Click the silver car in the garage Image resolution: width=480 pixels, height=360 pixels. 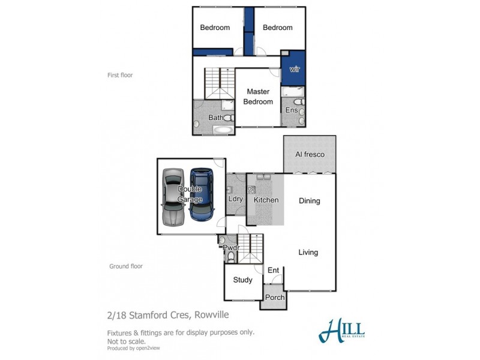point(173,196)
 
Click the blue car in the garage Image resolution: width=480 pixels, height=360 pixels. point(202,194)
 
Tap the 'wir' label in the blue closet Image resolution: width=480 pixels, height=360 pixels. point(294,69)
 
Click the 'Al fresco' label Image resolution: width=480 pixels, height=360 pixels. point(310,155)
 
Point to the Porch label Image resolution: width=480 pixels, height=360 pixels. point(274,298)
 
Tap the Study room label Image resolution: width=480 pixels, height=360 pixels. point(242,280)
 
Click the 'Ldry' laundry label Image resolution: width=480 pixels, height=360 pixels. point(235,199)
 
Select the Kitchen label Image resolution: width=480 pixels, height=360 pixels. point(266,199)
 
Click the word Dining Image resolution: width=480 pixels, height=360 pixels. point(310,201)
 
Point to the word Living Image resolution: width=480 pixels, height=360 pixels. point(308,253)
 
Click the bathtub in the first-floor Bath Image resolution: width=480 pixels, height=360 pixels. point(223,129)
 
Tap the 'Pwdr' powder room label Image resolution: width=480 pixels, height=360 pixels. point(230,247)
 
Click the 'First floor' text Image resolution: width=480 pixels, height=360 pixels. point(121,76)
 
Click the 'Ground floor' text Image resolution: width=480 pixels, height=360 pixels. point(126,266)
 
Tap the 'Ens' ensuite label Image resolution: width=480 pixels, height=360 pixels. point(292,110)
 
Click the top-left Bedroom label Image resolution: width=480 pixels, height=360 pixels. point(215,28)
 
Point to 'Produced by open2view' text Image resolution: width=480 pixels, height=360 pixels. point(134,348)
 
